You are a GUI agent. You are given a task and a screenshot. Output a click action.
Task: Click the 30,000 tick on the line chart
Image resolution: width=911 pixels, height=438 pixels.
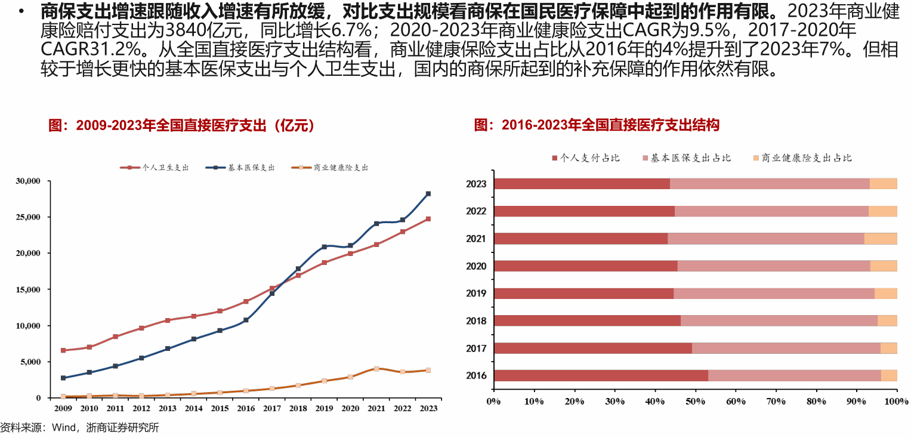click(x=28, y=181)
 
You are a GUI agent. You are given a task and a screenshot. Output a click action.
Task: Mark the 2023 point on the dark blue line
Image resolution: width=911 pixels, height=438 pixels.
click(x=428, y=193)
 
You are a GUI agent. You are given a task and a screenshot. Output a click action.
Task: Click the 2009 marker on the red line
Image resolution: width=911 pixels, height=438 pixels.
click(x=63, y=350)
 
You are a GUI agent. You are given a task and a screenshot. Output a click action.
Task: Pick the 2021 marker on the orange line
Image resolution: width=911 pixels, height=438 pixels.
click(x=376, y=369)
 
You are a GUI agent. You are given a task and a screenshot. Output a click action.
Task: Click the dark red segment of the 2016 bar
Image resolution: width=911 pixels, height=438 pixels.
click(x=601, y=375)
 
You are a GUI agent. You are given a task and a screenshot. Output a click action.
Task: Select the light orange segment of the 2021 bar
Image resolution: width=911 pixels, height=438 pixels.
click(x=881, y=239)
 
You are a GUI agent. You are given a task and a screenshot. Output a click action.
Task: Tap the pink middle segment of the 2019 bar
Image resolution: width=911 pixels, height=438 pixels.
click(x=774, y=293)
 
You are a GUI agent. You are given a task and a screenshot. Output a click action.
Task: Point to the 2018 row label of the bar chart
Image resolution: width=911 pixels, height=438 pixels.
click(x=476, y=321)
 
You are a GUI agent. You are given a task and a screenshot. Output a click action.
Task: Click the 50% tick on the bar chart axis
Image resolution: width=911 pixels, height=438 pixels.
click(x=695, y=401)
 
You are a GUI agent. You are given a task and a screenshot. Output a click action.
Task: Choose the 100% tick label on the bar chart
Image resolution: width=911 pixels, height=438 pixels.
click(x=896, y=401)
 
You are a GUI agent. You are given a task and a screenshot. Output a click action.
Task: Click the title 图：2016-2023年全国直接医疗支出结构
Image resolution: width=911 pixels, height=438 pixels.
click(x=597, y=125)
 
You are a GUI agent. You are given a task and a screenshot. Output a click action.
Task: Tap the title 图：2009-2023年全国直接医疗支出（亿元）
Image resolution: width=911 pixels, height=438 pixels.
click(x=181, y=125)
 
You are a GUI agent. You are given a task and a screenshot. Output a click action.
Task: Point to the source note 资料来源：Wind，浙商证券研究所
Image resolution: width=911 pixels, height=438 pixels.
click(x=80, y=428)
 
